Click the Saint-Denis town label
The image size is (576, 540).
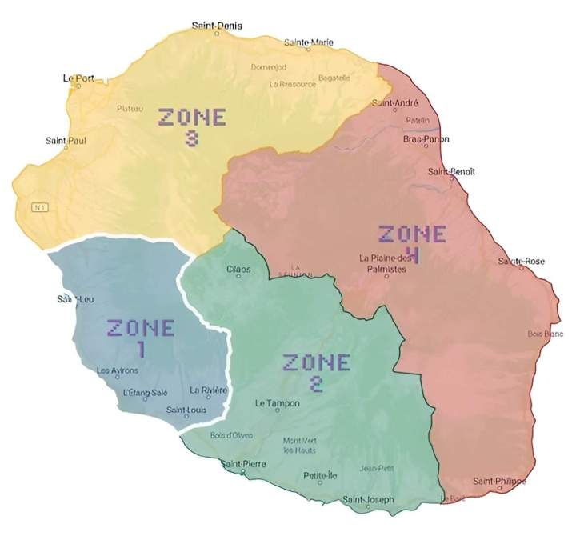pyautogui.click(x=217, y=26)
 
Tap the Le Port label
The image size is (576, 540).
pyautogui.click(x=78, y=78)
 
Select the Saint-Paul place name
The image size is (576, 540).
pyautogui.click(x=66, y=141)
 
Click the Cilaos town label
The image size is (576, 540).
pyautogui.click(x=238, y=269)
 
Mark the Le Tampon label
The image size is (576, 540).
pyautogui.click(x=278, y=403)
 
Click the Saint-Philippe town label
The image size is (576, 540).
pyautogui.click(x=499, y=481)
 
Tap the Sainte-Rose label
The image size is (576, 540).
pyautogui.click(x=522, y=262)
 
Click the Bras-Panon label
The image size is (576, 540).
pyautogui.click(x=426, y=139)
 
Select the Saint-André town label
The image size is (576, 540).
pyautogui.click(x=395, y=103)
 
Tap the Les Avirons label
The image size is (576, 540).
pyautogui.click(x=117, y=370)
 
